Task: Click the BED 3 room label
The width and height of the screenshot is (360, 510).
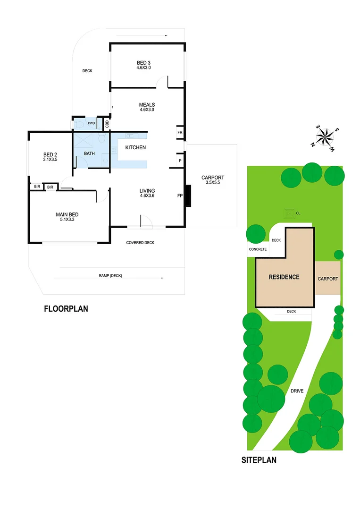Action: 143,63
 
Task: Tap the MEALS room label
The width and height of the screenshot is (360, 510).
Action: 147,105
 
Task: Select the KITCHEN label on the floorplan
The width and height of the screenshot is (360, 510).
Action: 135,148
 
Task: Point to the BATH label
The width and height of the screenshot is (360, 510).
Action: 90,153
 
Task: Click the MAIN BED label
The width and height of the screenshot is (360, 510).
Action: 67,214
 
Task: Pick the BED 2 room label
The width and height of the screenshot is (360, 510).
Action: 50,154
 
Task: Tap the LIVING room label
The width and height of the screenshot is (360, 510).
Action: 147,191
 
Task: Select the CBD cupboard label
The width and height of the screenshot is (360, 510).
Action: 107,124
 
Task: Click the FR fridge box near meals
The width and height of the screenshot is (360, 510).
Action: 180,133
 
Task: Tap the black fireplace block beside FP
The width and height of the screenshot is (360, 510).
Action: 188,196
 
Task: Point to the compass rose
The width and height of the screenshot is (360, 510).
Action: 325,138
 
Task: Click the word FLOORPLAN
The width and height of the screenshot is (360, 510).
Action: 66,309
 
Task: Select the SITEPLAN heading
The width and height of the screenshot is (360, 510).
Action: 259,460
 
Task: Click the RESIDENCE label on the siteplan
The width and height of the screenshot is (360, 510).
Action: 284,277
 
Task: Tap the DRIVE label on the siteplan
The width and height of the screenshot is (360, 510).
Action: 297,391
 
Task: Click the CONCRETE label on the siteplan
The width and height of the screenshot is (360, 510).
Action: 258,249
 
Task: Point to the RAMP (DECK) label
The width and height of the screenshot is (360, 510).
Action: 110,276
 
